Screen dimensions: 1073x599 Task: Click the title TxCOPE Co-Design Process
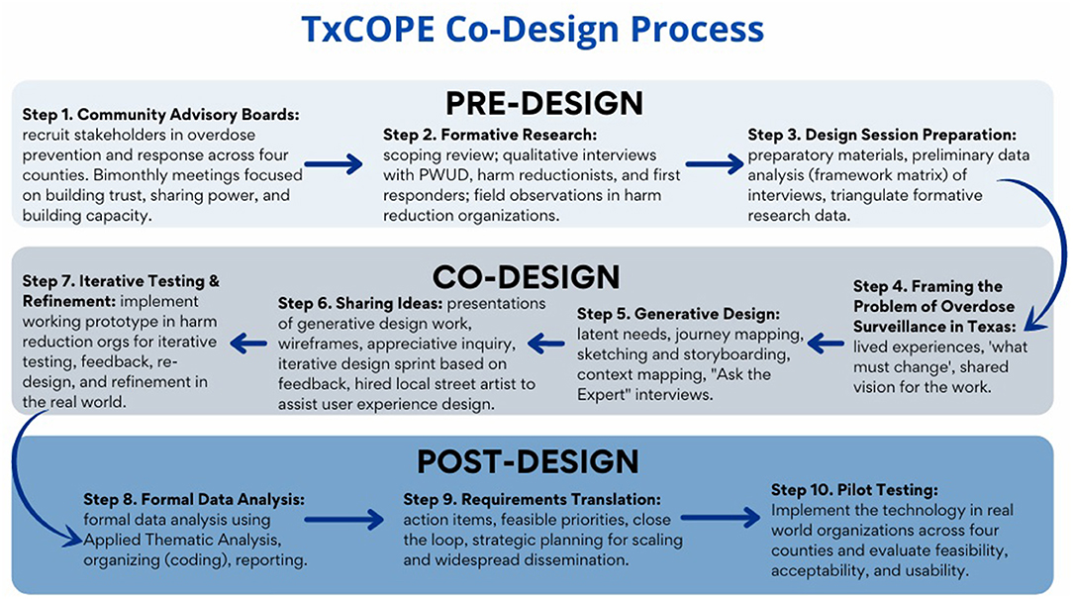[533, 30]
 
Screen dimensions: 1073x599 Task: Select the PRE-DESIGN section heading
[544, 103]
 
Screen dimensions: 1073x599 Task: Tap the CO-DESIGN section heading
[526, 277]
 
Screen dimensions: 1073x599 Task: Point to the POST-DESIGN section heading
[528, 461]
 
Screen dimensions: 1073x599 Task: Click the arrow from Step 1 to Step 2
[334, 164]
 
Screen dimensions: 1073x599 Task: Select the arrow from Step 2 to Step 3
[715, 164]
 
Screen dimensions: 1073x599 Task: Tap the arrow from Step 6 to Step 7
[248, 343]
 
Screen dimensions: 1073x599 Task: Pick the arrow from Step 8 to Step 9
[343, 520]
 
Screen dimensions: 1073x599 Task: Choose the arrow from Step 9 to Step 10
[721, 518]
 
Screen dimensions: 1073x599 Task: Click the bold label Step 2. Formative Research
[490, 135]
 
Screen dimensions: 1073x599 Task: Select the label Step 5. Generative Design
[678, 314]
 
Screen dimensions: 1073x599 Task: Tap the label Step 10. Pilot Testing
[854, 490]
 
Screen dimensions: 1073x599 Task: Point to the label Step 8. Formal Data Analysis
[194, 500]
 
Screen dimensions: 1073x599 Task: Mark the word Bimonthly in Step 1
[130, 175]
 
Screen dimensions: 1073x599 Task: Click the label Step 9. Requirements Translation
[533, 500]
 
